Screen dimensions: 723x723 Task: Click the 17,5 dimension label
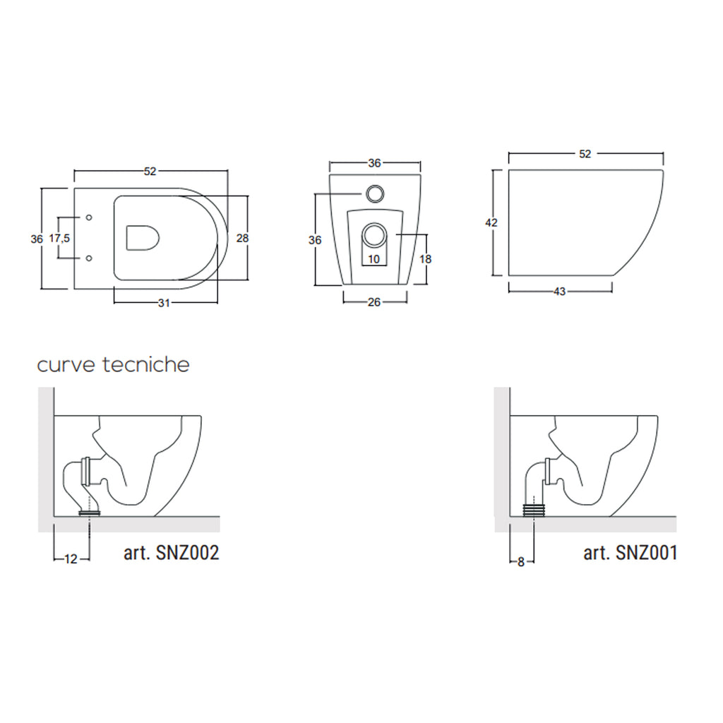click(59, 238)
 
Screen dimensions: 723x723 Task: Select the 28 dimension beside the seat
click(242, 238)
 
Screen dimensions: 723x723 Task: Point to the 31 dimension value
click(164, 303)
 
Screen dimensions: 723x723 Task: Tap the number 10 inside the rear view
click(374, 259)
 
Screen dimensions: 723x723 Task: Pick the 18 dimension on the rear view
click(425, 259)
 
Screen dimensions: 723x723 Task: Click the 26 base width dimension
click(374, 302)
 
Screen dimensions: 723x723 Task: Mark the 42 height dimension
click(492, 222)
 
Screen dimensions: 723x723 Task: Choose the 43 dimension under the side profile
click(559, 292)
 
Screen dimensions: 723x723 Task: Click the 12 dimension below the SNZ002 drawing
click(71, 559)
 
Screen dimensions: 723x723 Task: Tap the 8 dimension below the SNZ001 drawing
click(521, 562)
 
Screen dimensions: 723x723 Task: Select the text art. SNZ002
click(171, 553)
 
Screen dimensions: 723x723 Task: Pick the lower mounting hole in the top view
click(88, 259)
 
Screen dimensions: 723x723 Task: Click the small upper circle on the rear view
click(374, 192)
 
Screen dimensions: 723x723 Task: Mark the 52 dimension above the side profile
click(585, 153)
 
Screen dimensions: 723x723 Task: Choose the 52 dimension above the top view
click(150, 171)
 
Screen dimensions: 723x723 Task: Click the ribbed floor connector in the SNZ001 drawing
click(535, 508)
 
